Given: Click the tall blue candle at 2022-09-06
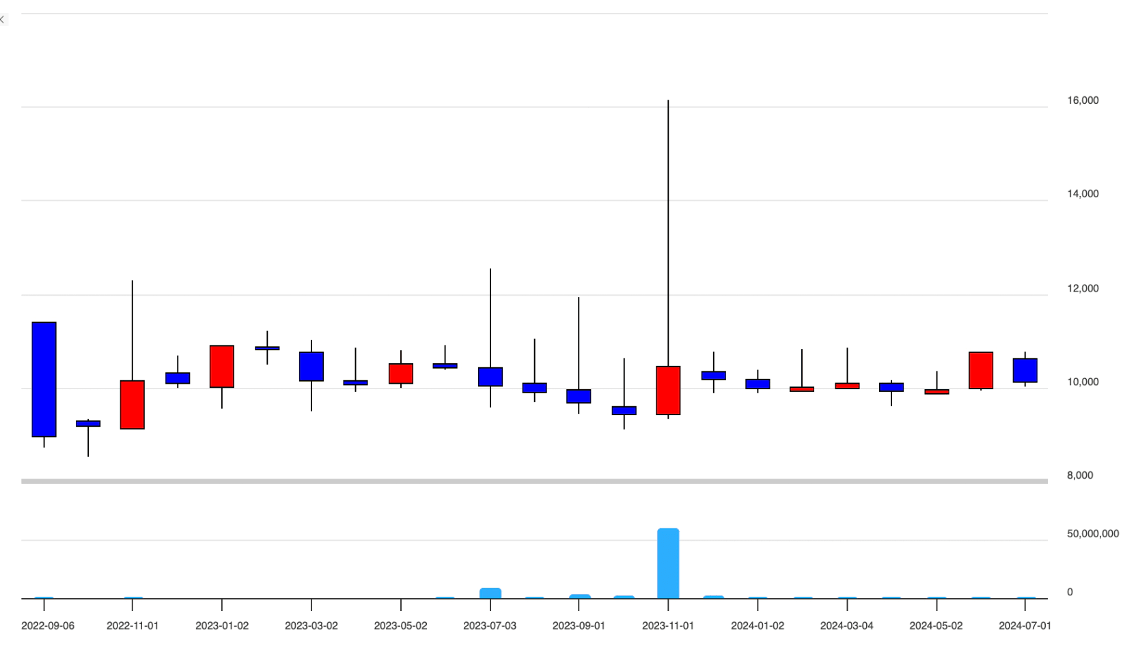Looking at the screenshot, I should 44,379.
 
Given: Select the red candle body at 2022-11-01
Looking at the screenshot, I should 133,405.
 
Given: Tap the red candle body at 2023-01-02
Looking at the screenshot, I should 222,367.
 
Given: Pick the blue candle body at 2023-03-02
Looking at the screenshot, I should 311,367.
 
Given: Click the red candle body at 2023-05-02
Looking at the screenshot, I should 401,373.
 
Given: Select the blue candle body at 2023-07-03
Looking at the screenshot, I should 490,377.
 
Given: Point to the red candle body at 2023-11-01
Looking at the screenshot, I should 668,391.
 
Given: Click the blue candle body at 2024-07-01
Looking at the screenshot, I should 1025,370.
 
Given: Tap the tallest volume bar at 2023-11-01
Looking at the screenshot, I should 668,563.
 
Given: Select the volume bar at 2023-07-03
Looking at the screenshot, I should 490,593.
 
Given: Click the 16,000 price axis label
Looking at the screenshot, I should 1083,100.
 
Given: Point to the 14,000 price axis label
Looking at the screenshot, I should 1083,194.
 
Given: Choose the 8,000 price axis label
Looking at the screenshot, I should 1080,475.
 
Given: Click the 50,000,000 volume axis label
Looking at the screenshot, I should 1093,534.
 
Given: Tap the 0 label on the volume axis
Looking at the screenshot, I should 1070,592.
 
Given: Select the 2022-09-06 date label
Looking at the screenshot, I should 48,625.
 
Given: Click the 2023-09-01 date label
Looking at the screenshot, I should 579,625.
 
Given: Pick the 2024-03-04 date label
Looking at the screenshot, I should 846,625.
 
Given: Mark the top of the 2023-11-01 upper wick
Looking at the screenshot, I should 668,101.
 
